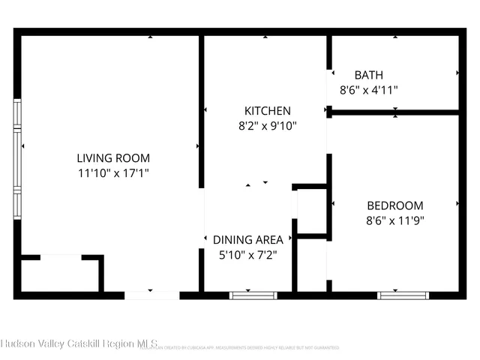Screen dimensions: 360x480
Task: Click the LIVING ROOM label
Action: click(113, 158)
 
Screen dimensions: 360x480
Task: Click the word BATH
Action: click(368, 75)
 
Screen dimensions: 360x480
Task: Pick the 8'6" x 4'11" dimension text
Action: click(368, 89)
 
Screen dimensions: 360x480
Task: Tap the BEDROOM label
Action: click(394, 205)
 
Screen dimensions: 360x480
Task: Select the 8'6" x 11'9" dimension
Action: click(394, 220)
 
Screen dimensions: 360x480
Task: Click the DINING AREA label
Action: click(248, 240)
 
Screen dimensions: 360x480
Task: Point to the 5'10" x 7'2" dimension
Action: click(248, 254)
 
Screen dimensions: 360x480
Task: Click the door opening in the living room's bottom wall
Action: click(151, 295)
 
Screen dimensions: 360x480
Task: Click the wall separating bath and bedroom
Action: click(394, 112)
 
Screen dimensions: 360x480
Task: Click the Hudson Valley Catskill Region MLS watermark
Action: click(79, 343)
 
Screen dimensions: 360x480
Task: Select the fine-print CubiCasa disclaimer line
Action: click(240, 348)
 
